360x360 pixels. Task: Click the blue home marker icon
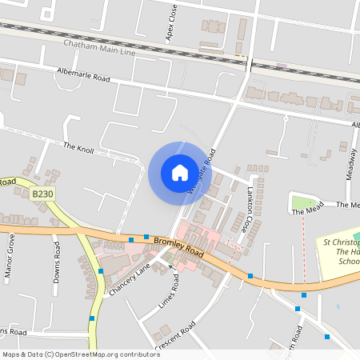click(x=180, y=173)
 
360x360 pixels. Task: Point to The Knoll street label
click(x=79, y=147)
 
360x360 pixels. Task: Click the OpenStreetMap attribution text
click(x=81, y=354)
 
